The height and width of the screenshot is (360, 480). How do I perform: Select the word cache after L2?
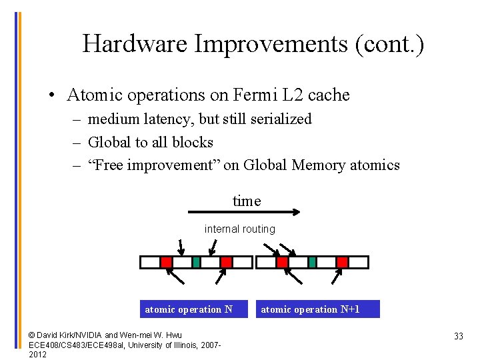pos(328,95)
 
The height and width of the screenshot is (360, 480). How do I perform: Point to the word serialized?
pos(279,119)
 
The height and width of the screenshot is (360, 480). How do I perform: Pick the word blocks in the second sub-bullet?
pos(192,142)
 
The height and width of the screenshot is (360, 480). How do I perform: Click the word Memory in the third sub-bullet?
pos(319,165)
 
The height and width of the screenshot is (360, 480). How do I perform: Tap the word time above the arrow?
pos(247,201)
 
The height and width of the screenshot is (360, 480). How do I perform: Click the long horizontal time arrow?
pos(246,213)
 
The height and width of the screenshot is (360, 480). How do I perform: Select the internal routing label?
pos(240,229)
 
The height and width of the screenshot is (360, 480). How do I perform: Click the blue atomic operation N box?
pos(189,309)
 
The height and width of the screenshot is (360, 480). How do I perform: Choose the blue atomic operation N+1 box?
pos(311,309)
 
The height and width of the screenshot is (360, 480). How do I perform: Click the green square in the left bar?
pos(196,262)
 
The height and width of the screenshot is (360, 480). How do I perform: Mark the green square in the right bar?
pos(312,262)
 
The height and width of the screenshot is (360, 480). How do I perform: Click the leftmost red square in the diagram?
pos(167,262)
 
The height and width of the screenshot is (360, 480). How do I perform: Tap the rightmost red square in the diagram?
pos(342,262)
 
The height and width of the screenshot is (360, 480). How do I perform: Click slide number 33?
pos(458,337)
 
